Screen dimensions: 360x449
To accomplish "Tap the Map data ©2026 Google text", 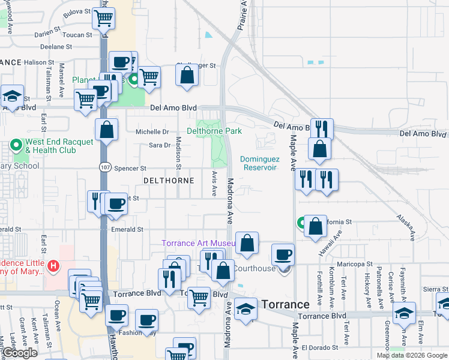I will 411,355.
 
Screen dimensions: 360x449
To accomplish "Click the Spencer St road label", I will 130,169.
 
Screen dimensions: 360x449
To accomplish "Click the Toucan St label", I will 76,35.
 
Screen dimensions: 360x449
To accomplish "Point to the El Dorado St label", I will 321,347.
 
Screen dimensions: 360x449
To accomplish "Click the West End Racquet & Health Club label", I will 59,146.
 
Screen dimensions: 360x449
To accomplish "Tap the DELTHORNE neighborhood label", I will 168,180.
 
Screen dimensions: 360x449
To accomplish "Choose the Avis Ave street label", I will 214,182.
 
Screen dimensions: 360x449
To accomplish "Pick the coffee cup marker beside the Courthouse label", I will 283,254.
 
